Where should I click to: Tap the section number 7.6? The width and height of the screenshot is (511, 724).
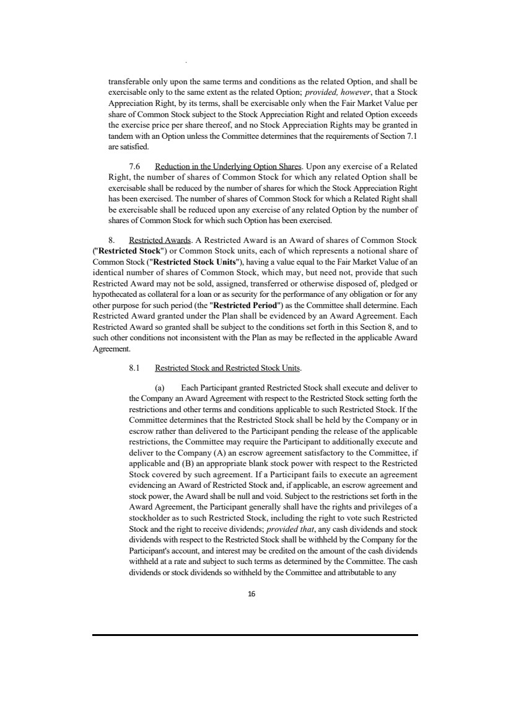coord(135,166)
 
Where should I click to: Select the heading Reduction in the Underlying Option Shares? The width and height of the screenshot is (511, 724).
coord(228,166)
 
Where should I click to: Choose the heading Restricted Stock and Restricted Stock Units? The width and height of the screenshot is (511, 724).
coord(227,367)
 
